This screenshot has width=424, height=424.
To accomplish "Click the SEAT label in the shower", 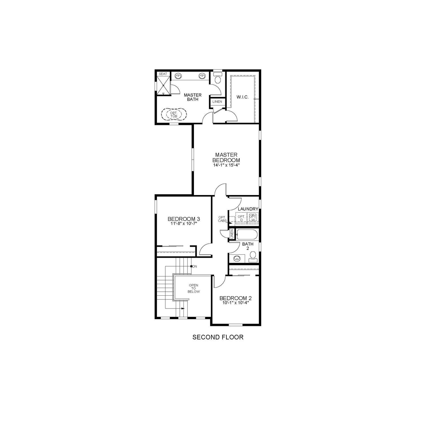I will [x=163, y=74].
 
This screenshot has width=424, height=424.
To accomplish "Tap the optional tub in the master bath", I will [x=174, y=114].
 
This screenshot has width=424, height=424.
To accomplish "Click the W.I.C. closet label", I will [x=242, y=97].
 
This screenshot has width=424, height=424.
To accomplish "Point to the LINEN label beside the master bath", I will [x=217, y=101].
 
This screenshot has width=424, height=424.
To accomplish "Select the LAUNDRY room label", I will [x=248, y=209].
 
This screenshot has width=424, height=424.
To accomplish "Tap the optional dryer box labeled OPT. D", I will [x=241, y=218].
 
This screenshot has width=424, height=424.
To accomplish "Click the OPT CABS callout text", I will [x=222, y=219].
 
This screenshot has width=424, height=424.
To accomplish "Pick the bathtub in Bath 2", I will [x=247, y=235].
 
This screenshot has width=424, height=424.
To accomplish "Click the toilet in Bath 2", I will [x=253, y=256].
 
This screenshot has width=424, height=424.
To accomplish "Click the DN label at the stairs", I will [x=195, y=266].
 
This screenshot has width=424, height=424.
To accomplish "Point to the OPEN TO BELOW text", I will [x=194, y=288].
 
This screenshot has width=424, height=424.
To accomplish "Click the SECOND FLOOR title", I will [x=218, y=337].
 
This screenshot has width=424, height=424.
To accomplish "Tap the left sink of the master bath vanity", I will [x=178, y=76].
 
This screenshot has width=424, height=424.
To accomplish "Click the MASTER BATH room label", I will [x=192, y=97].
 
